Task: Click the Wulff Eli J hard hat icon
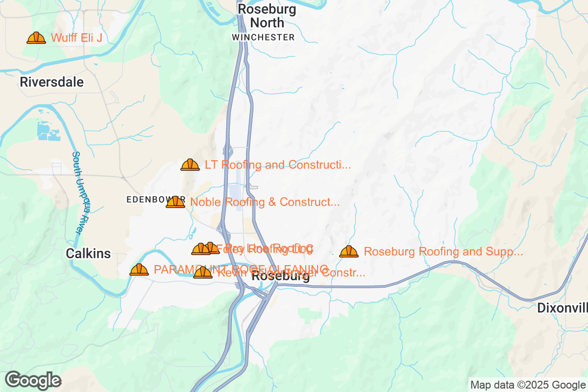36,38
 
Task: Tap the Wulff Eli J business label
76,38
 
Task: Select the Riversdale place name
51,82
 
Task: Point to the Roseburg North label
267,16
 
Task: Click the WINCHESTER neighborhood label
263,37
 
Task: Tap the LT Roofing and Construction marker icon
190,165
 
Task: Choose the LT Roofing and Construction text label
278,165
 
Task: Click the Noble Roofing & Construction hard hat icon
175,202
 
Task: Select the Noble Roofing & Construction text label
265,202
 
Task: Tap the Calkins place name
89,254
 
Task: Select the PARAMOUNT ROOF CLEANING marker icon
139,269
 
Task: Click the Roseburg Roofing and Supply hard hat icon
349,252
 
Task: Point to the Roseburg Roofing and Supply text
443,252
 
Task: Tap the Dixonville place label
562,308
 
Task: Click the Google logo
33,380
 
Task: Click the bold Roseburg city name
280,277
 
